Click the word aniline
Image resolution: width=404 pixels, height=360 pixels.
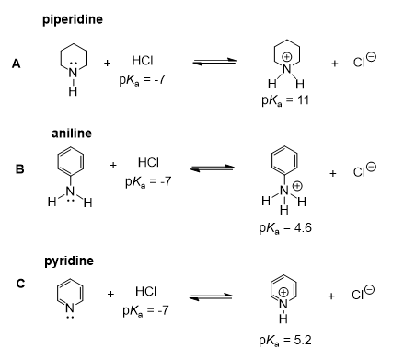[x=71, y=134]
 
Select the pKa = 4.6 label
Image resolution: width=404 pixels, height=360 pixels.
[x=282, y=226]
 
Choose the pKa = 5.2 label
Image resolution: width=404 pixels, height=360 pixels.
[x=282, y=341]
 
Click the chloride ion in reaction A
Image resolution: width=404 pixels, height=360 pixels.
[x=361, y=62]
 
